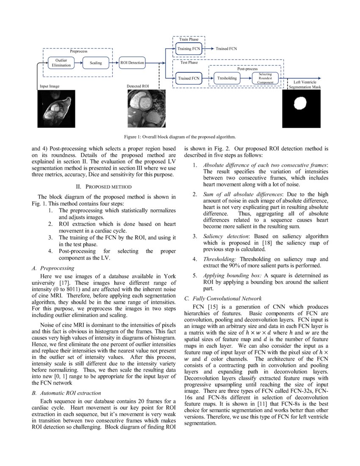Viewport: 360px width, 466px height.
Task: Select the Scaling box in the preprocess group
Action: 96,63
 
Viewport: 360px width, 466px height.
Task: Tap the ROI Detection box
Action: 132,63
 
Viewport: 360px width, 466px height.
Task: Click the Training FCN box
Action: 188,49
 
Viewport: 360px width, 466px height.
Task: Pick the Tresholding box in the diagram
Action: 227,78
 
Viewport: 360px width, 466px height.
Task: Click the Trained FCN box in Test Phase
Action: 188,78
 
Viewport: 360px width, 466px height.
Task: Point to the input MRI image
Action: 56,109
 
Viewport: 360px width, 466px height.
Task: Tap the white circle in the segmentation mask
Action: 300,103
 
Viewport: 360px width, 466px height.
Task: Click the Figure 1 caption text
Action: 180,137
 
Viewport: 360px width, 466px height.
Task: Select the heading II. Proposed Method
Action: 104,186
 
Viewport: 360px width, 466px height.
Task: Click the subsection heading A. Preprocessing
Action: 53,268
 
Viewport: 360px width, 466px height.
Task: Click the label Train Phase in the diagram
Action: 188,39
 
